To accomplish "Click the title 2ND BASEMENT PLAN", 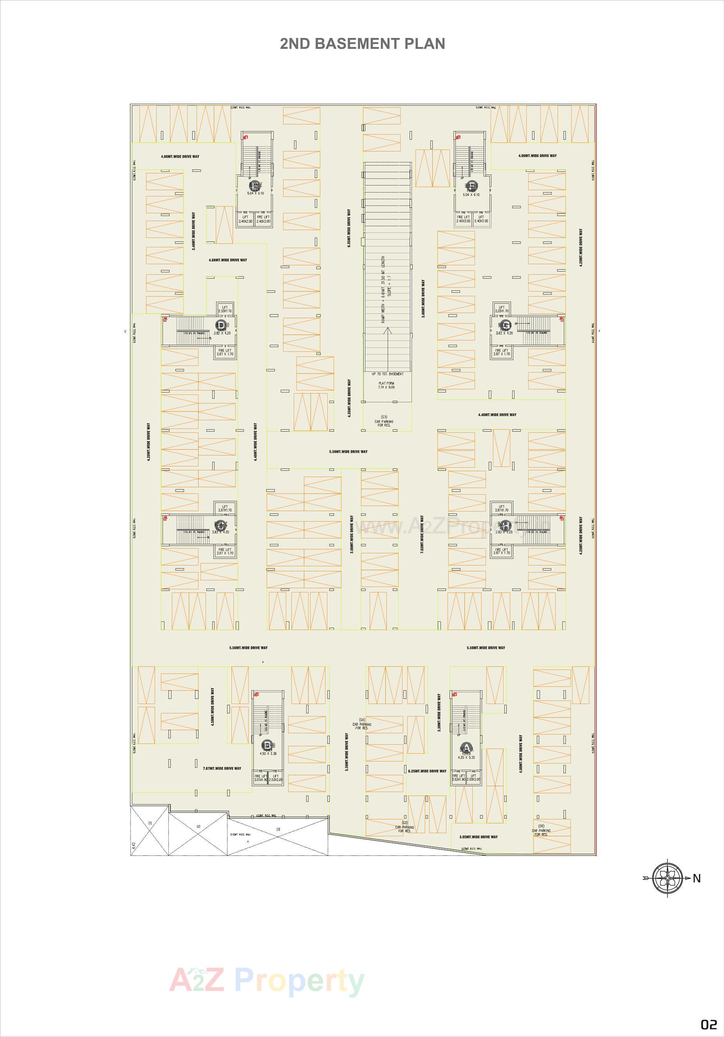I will click(363, 44).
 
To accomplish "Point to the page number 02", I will click(709, 1023).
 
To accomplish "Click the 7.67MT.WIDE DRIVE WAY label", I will click(222, 768).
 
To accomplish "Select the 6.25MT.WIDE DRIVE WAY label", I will click(427, 771).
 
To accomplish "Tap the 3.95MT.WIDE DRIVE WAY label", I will click(478, 837).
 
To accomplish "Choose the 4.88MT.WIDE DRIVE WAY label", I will click(228, 260).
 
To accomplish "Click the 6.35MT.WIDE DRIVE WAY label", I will click(349, 228).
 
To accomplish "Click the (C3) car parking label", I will click(384, 421).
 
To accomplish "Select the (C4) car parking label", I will click(361, 724).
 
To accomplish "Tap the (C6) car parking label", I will click(541, 829).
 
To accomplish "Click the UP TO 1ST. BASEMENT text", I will click(387, 374).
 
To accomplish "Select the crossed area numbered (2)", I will click(198, 826).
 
